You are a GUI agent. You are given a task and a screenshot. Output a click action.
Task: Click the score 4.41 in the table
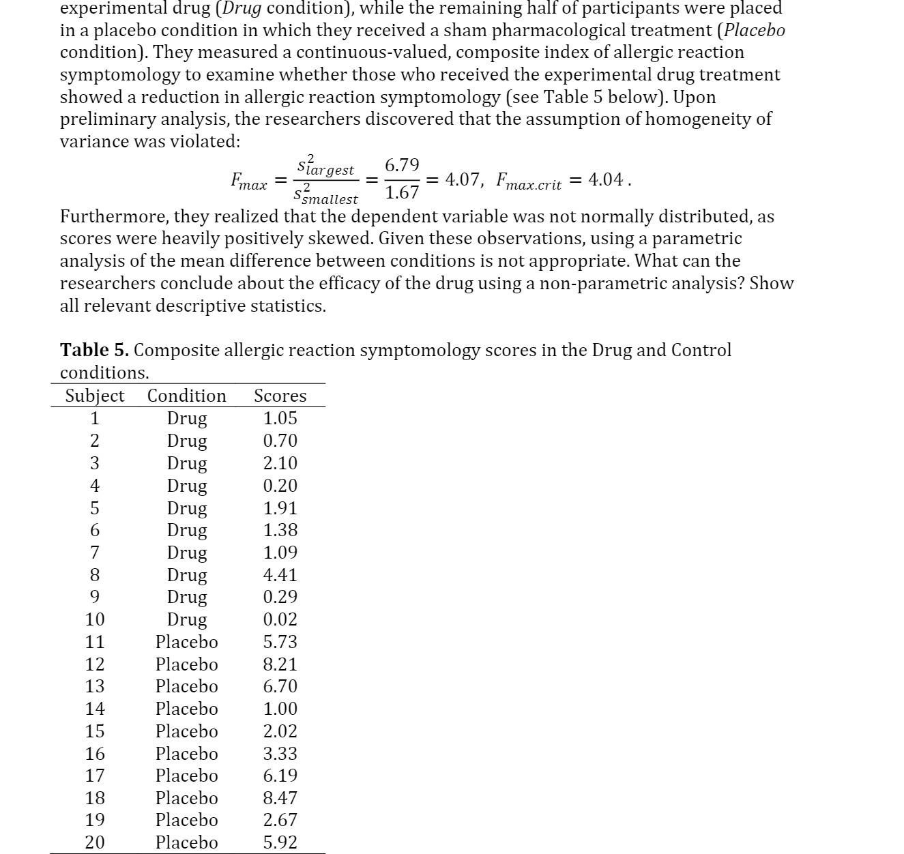(280, 575)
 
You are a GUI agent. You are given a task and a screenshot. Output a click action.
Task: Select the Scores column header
(280, 396)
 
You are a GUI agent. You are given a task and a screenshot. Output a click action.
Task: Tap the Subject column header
(95, 396)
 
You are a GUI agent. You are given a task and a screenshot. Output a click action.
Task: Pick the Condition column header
(187, 396)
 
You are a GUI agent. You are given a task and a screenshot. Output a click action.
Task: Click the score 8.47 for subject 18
(280, 798)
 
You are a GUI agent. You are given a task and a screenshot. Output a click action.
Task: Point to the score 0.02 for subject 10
(280, 619)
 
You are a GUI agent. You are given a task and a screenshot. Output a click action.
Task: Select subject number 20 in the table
(95, 842)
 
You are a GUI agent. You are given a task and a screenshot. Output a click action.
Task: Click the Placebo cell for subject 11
(187, 642)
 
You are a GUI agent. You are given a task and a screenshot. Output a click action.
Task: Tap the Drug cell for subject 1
(187, 418)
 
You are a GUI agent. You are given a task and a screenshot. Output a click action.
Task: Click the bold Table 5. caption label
(94, 350)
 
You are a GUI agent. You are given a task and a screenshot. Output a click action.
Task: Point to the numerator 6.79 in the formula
(402, 166)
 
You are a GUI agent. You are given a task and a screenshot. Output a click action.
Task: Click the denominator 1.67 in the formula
(402, 193)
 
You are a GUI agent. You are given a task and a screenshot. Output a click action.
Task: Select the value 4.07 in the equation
(464, 180)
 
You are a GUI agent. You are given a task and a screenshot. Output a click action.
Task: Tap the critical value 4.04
(607, 180)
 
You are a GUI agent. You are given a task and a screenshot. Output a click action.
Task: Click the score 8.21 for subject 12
(280, 664)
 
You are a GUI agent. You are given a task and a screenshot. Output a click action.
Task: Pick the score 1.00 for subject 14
(280, 709)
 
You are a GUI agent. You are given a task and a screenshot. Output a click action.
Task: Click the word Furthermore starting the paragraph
(114, 216)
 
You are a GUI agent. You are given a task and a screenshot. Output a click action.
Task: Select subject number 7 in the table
(95, 553)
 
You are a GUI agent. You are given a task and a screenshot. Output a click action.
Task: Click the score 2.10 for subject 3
(280, 463)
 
